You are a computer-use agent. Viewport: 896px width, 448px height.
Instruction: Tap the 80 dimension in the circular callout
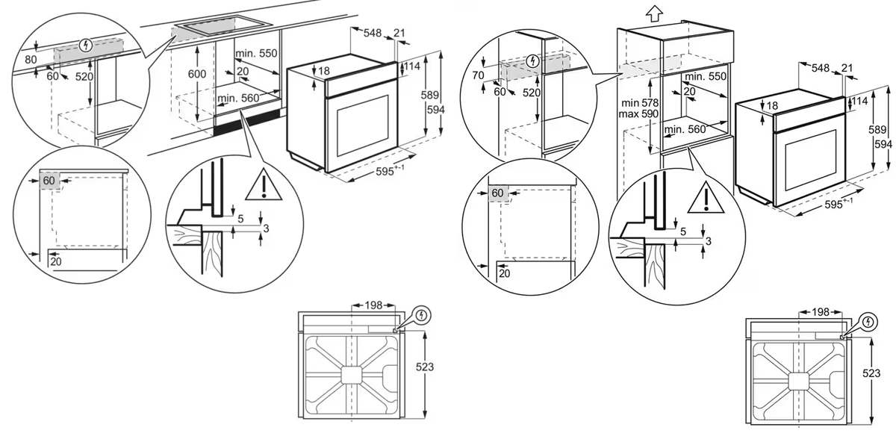(30, 60)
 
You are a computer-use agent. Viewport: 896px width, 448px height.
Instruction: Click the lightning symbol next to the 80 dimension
(87, 46)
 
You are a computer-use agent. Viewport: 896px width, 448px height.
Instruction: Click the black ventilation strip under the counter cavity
(247, 121)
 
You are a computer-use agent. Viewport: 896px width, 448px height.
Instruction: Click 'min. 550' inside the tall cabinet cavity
(705, 77)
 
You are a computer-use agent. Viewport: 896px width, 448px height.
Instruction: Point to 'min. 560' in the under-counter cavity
(239, 98)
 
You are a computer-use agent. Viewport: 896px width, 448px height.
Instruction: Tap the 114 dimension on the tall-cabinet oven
(860, 101)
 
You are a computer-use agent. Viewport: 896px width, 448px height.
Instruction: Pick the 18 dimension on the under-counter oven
(323, 72)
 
